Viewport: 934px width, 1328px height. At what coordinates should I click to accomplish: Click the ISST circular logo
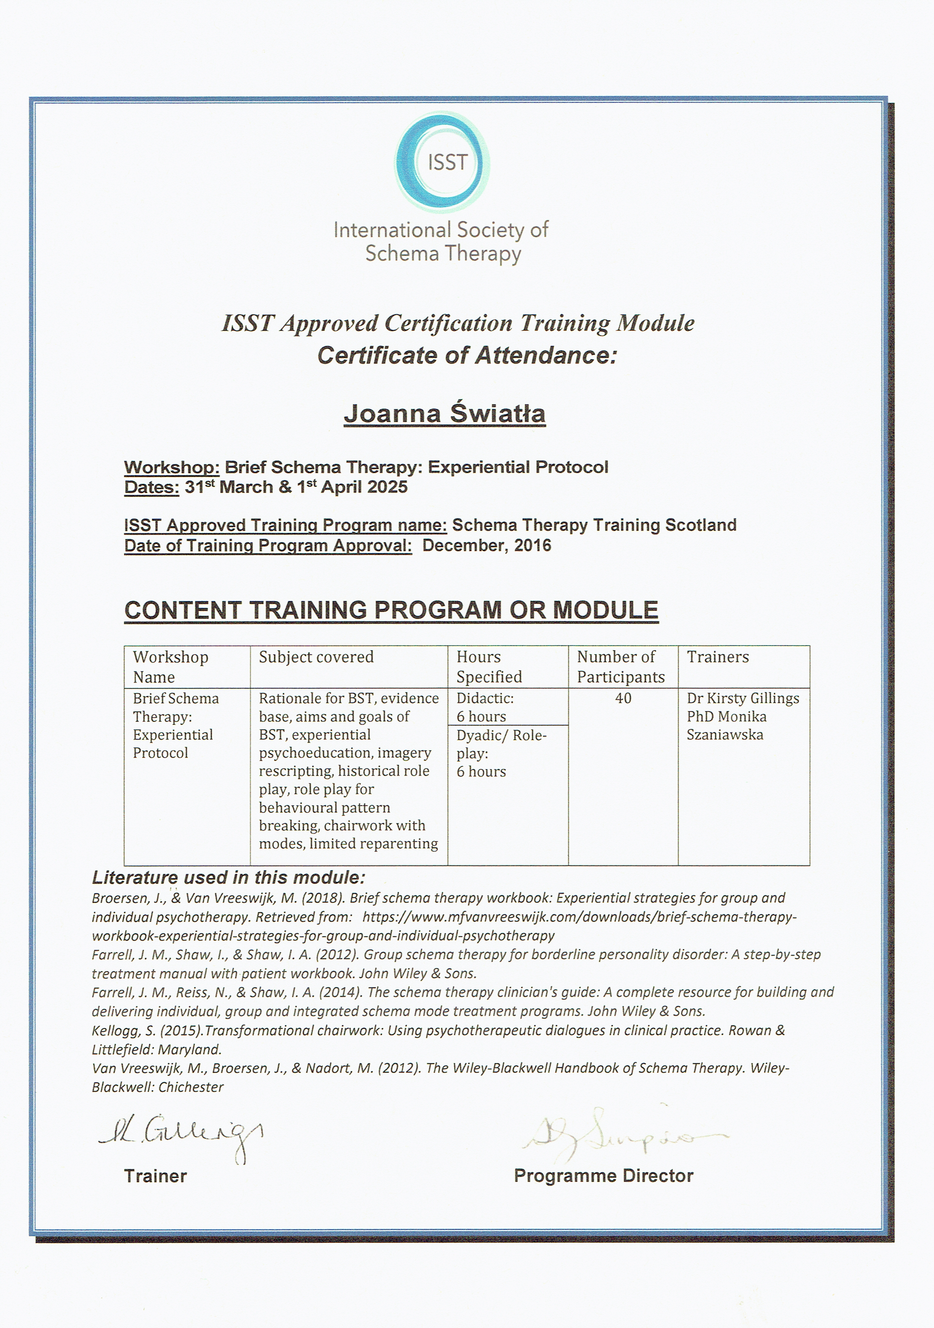(443, 162)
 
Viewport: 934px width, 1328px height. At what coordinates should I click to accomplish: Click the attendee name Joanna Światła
(444, 414)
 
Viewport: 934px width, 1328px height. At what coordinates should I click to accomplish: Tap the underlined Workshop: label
(171, 467)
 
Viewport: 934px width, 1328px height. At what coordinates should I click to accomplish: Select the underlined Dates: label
(151, 487)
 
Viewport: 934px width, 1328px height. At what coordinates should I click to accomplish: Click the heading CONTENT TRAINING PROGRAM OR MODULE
(391, 610)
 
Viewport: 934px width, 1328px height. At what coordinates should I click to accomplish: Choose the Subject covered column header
(316, 657)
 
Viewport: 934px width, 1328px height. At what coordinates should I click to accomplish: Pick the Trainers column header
(718, 657)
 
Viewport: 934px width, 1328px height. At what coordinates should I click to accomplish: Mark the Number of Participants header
(620, 667)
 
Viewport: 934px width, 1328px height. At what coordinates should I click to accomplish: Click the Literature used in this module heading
(229, 877)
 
